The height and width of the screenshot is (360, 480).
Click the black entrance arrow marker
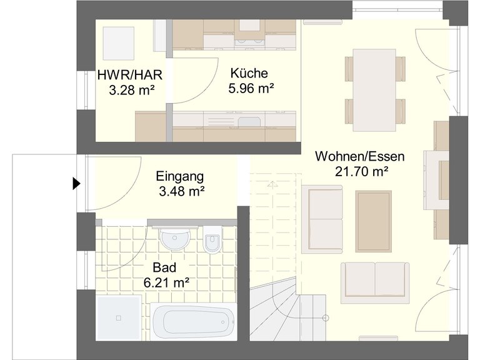pos(76,184)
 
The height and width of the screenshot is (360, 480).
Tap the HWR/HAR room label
pos(130,75)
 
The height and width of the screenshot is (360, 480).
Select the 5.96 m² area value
pos(251,89)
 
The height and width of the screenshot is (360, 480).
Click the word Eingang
pos(180,176)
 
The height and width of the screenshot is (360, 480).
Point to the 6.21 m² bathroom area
pos(166,282)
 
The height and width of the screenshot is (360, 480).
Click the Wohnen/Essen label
pos(360,156)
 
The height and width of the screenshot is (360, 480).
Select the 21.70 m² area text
pos(362,171)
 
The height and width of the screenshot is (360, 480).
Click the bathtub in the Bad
pos(193,321)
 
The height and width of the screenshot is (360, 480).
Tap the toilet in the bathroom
pos(212,240)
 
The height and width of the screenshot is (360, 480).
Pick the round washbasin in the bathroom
pos(175,238)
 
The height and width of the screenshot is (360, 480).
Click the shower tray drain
pos(119,318)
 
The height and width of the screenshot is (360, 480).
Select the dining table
pos(374,90)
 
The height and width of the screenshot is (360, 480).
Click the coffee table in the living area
pos(374,221)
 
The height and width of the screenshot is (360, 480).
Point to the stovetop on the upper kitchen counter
pos(250,42)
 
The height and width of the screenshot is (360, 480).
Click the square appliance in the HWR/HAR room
pos(119,44)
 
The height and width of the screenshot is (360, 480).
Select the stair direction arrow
pos(272,184)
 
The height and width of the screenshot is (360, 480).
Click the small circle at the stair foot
pos(326,317)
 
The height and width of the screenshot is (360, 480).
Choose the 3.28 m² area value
pos(132,90)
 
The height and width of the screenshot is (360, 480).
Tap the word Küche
pos(249,73)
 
